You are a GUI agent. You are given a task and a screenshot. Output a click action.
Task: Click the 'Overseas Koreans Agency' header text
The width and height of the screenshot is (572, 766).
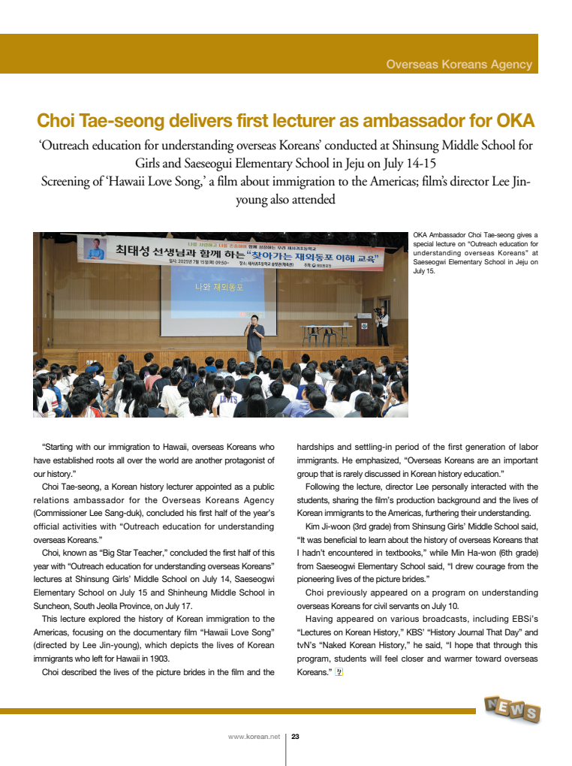pyautogui.click(x=459, y=65)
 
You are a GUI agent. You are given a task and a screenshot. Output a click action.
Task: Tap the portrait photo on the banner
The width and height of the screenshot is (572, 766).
pyautogui.click(x=95, y=248)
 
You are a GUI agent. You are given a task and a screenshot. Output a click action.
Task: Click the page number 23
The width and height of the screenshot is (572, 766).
pyautogui.click(x=295, y=737)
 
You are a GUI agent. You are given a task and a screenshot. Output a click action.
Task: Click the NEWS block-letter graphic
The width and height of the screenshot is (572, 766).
pyautogui.click(x=513, y=708)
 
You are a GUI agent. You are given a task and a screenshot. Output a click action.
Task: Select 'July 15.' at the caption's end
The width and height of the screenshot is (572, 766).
pyautogui.click(x=424, y=272)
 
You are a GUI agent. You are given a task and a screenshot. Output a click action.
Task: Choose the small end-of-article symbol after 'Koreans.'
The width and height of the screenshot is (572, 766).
pyautogui.click(x=339, y=671)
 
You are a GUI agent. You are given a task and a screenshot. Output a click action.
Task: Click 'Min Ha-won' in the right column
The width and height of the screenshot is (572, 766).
pyautogui.click(x=477, y=552)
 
